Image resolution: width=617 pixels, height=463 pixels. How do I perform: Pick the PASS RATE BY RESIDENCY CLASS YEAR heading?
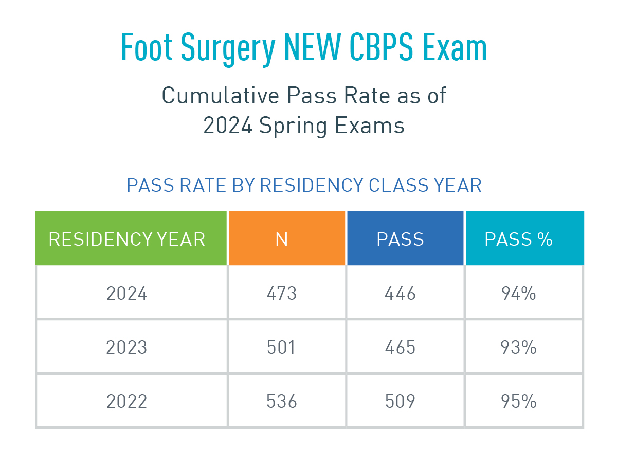[304, 185]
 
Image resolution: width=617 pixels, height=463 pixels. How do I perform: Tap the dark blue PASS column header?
[400, 239]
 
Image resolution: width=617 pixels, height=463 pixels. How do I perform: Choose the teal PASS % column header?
[518, 239]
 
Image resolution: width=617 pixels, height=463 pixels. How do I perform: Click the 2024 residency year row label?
[127, 294]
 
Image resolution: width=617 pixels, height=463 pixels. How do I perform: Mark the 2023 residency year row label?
[127, 348]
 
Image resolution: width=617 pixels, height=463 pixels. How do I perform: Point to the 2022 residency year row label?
[127, 401]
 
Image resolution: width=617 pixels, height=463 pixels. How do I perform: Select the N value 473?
[282, 294]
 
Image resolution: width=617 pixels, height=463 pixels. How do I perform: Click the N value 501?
[282, 348]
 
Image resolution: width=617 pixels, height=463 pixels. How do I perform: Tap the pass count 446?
[400, 294]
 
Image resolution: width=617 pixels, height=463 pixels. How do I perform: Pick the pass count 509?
[400, 401]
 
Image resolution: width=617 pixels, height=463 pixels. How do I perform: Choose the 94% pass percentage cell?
[518, 294]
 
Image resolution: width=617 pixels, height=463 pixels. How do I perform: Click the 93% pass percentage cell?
[518, 348]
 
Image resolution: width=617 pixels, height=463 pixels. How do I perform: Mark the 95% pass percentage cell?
[518, 401]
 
